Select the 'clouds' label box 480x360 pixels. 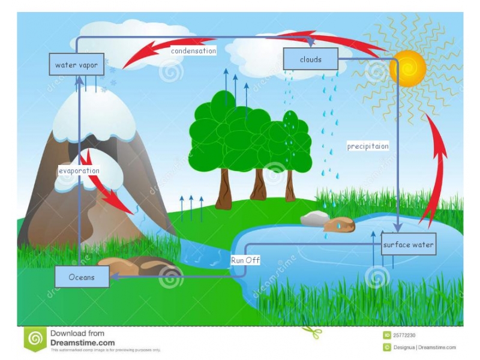(311, 59)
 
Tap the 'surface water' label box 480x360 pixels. (408, 245)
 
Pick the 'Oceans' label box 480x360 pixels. (82, 277)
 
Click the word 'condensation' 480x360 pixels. (193, 51)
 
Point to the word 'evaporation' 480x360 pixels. (79, 170)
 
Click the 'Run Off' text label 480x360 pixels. (245, 260)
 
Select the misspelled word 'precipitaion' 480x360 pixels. (368, 146)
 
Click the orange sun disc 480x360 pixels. (407, 68)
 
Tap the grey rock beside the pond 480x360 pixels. (313, 218)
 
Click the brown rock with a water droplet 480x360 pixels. (339, 225)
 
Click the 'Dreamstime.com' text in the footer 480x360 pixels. (82, 343)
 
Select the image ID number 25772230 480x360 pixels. (406, 335)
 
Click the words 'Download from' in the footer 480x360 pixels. (77, 333)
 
